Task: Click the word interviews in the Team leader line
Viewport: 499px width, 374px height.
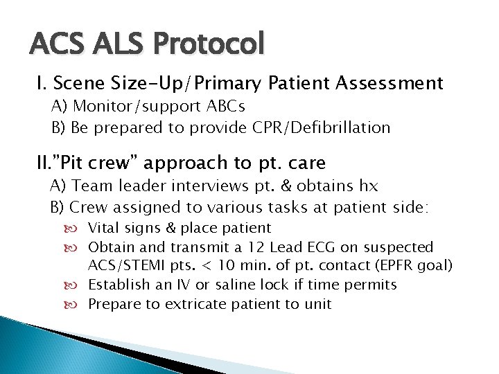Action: pos(213,187)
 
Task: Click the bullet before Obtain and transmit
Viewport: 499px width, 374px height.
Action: pos(78,247)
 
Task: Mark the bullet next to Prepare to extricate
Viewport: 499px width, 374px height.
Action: pos(78,304)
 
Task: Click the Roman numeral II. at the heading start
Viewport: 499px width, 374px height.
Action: pos(44,163)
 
